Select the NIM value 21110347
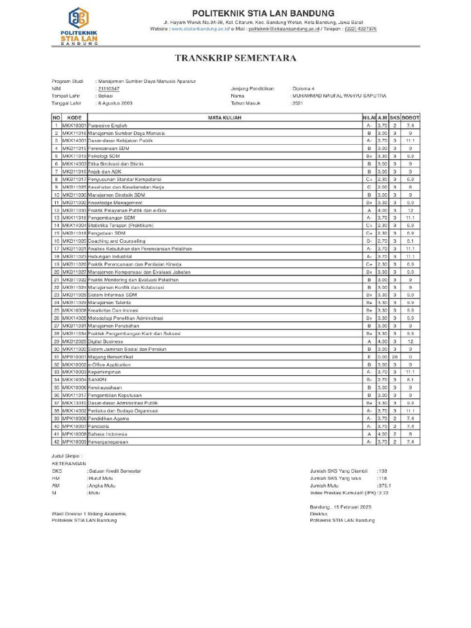click(x=109, y=89)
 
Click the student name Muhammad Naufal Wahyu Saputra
click(x=339, y=96)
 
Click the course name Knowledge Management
click(x=115, y=202)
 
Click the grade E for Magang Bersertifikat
click(x=369, y=356)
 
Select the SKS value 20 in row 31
click(x=395, y=356)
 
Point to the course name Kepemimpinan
click(x=105, y=372)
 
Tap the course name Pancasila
click(x=99, y=426)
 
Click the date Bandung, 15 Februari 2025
click(x=341, y=507)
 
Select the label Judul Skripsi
click(x=66, y=457)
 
